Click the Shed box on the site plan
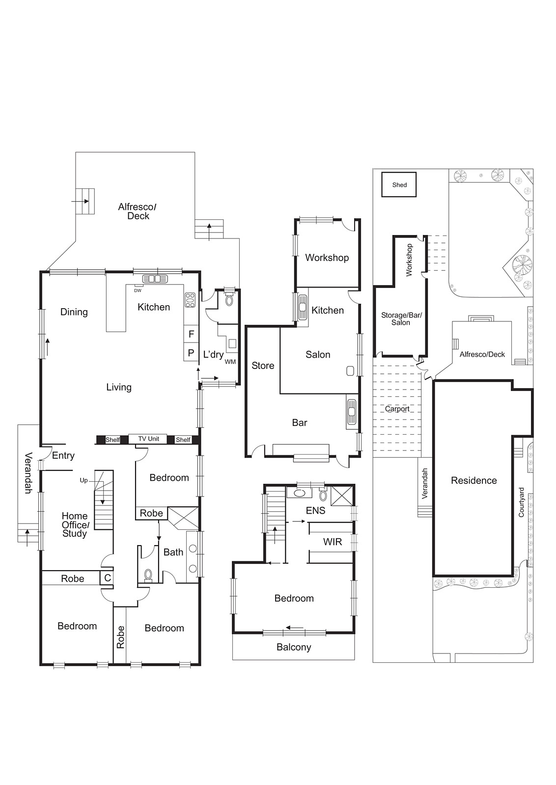(x=399, y=185)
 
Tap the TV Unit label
(x=148, y=439)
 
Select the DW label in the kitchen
(x=138, y=290)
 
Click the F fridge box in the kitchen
(x=191, y=334)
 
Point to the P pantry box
(x=191, y=353)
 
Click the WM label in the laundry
(x=230, y=362)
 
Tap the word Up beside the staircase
(x=83, y=480)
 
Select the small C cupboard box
(x=107, y=578)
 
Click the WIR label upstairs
(x=332, y=542)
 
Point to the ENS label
(x=315, y=511)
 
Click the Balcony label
(x=294, y=647)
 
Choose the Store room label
(x=263, y=366)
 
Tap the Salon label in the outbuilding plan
(x=318, y=355)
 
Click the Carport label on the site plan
(x=397, y=409)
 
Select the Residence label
(x=473, y=481)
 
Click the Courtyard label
(x=522, y=502)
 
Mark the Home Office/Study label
(x=75, y=524)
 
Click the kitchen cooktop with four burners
(x=190, y=300)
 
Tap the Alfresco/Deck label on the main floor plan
(x=137, y=211)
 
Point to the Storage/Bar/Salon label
(x=401, y=319)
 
